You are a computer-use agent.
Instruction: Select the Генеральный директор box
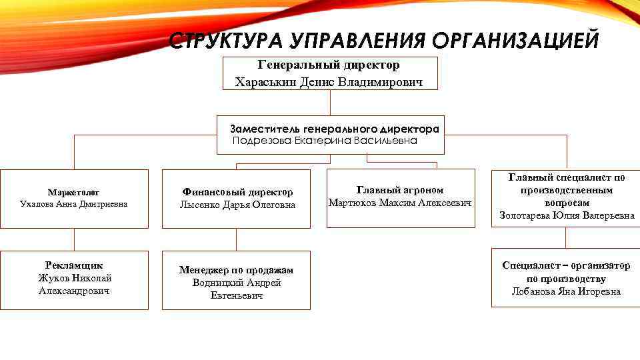[330, 73]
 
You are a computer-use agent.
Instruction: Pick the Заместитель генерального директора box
[330, 134]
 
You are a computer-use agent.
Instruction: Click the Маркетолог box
[74, 199]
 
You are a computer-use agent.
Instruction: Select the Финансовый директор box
[236, 199]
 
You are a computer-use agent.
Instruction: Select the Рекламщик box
[74, 279]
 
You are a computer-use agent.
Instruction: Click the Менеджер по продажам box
[236, 280]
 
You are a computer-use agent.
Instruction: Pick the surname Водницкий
[215, 283]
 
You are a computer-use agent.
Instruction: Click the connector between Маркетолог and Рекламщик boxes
[74, 239]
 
